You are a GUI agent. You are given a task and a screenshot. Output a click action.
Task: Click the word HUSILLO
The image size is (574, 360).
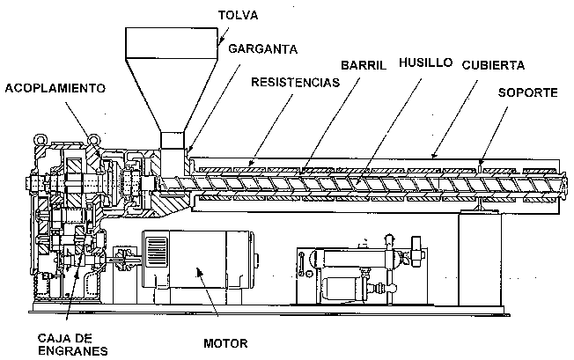[x=425, y=63]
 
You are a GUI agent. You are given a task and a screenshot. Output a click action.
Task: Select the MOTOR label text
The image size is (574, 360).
[x=224, y=343]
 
